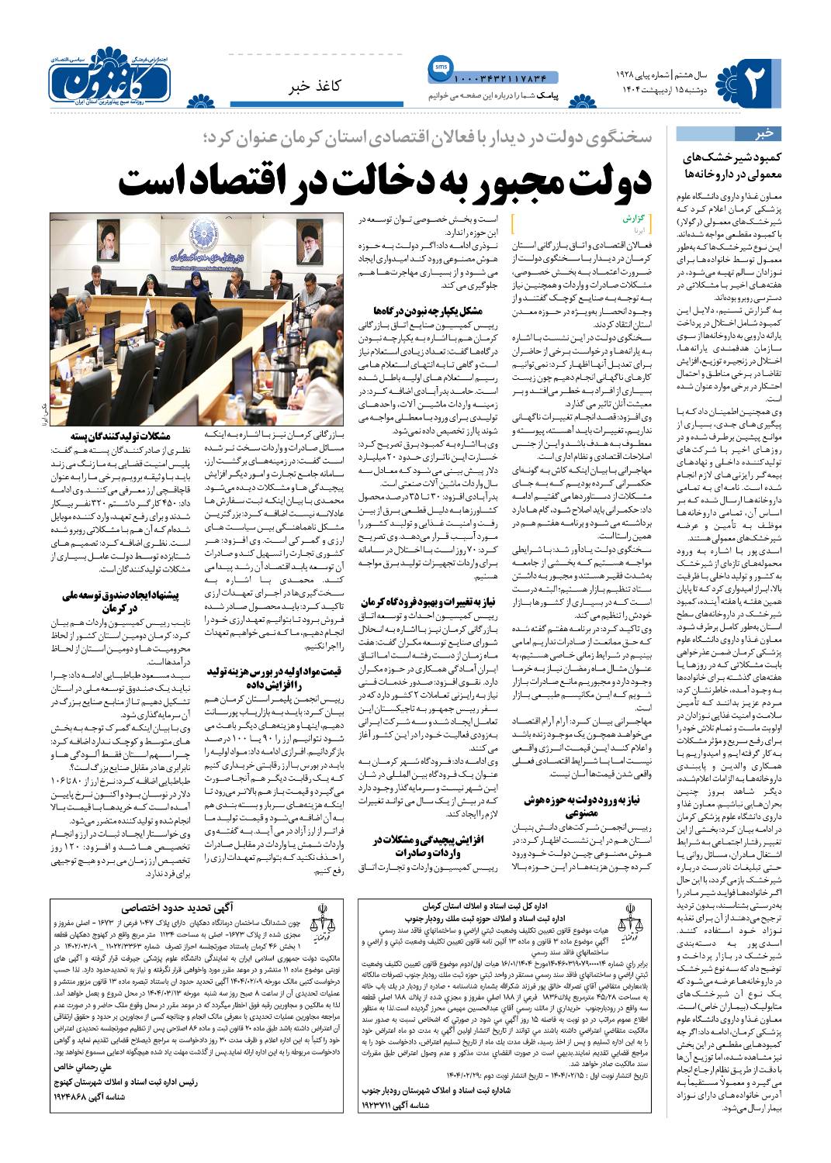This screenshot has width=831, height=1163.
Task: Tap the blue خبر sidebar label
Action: [x=764, y=133]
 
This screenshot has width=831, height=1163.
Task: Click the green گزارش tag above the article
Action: [x=635, y=219]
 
